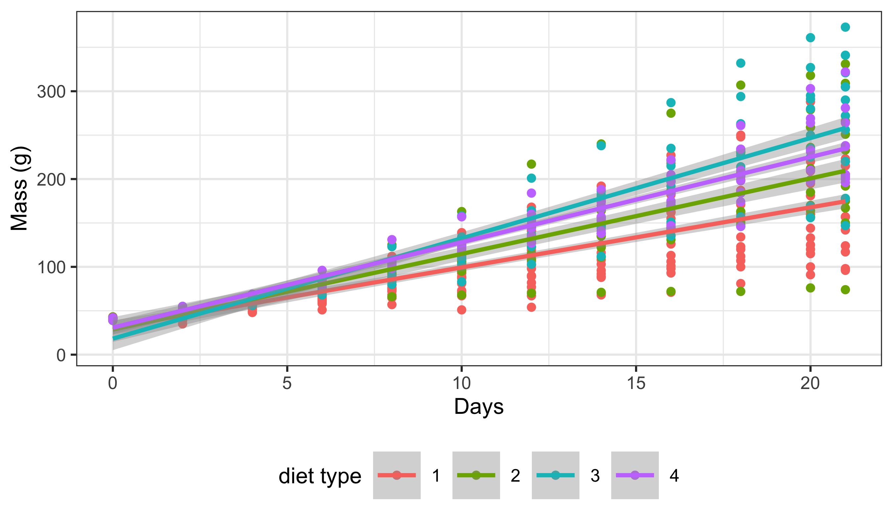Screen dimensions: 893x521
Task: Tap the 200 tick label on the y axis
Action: tap(51, 180)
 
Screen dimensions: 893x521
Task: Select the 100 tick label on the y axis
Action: tap(51, 267)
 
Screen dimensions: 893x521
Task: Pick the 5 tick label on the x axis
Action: tap(287, 383)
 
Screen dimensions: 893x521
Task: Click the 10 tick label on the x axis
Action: tap(461, 383)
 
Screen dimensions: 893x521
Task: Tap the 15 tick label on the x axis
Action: tap(636, 383)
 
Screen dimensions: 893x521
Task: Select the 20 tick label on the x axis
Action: tap(810, 383)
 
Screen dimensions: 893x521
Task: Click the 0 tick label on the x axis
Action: tap(113, 383)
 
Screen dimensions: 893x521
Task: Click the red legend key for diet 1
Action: tap(397, 475)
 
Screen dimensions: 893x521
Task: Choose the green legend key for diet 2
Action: tap(476, 475)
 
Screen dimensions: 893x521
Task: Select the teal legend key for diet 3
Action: tap(556, 475)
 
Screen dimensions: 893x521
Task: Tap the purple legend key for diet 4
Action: tap(635, 475)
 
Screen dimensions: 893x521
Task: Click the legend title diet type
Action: tap(319, 476)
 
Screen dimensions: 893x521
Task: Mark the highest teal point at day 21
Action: tap(845, 27)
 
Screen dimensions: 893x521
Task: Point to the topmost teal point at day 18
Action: tap(741, 63)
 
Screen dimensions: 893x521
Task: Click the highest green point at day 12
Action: tap(531, 164)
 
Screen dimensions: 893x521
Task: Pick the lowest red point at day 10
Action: tap(461, 310)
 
